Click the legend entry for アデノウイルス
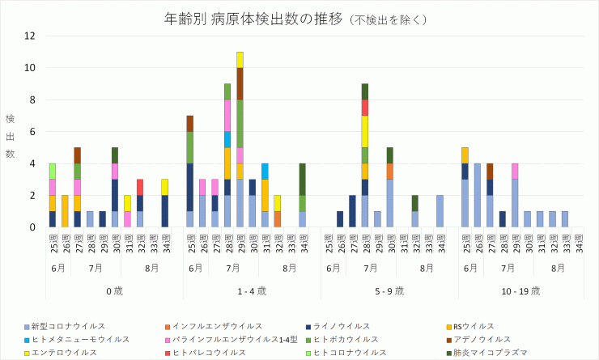(x=482, y=340)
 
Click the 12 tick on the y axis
(x=30, y=36)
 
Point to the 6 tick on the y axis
(x=32, y=132)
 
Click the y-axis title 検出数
(x=11, y=136)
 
